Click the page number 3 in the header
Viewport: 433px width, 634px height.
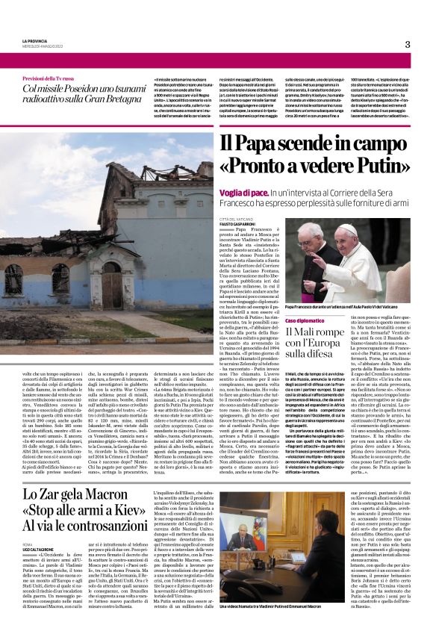(407, 44)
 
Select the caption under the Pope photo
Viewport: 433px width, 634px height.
(357, 307)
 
